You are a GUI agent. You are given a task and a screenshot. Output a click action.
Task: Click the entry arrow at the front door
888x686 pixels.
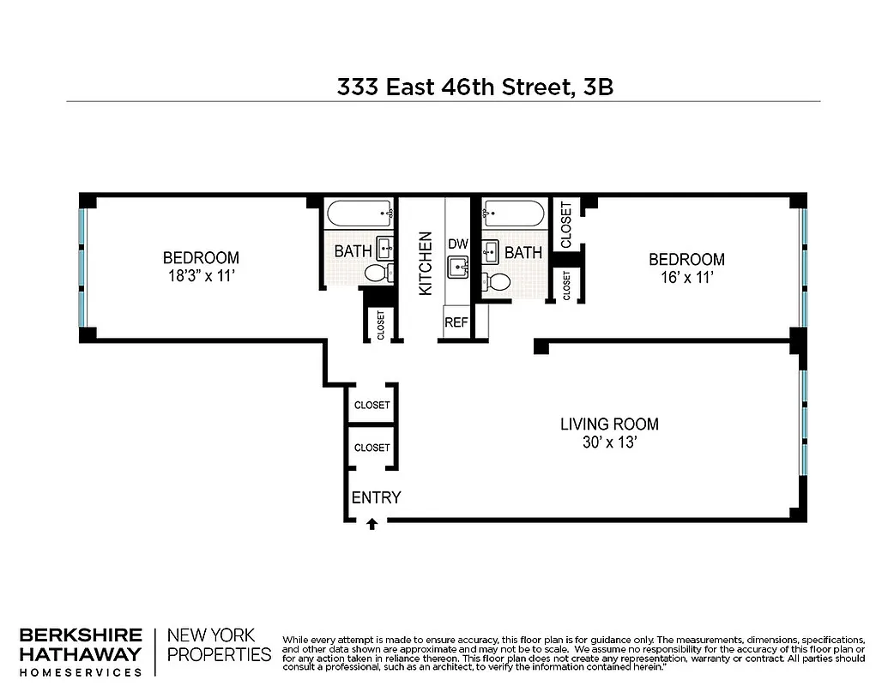point(372,524)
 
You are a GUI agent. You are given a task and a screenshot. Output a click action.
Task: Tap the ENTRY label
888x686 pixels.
point(376,498)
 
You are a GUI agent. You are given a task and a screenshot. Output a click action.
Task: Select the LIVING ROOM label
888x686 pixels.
point(609,424)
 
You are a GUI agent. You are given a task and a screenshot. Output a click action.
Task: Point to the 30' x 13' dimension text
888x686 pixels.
point(609,443)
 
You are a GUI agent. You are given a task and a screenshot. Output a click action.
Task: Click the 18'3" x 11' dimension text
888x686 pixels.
point(201,277)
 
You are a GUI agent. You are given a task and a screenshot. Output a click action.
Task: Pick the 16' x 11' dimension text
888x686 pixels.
point(686,278)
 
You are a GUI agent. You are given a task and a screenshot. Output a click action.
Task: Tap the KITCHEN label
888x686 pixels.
point(425,264)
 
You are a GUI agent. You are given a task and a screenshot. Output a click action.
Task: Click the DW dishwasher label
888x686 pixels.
point(457,244)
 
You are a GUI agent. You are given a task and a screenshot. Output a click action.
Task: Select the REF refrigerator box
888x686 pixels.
point(456,323)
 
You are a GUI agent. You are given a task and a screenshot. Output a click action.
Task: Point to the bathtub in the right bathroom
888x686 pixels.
point(513,213)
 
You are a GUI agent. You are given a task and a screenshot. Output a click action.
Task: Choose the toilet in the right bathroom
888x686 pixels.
point(496,281)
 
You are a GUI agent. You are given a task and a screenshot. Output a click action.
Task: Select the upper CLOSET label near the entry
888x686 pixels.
point(372,405)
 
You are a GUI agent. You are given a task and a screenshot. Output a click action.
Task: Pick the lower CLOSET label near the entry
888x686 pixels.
point(372,448)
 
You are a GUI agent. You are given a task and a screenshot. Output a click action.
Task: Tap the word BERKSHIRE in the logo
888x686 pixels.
point(81,635)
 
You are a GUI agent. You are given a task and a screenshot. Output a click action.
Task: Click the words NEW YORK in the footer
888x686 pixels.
point(211,635)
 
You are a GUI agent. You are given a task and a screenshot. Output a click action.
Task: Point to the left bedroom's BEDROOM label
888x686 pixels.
point(201,257)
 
